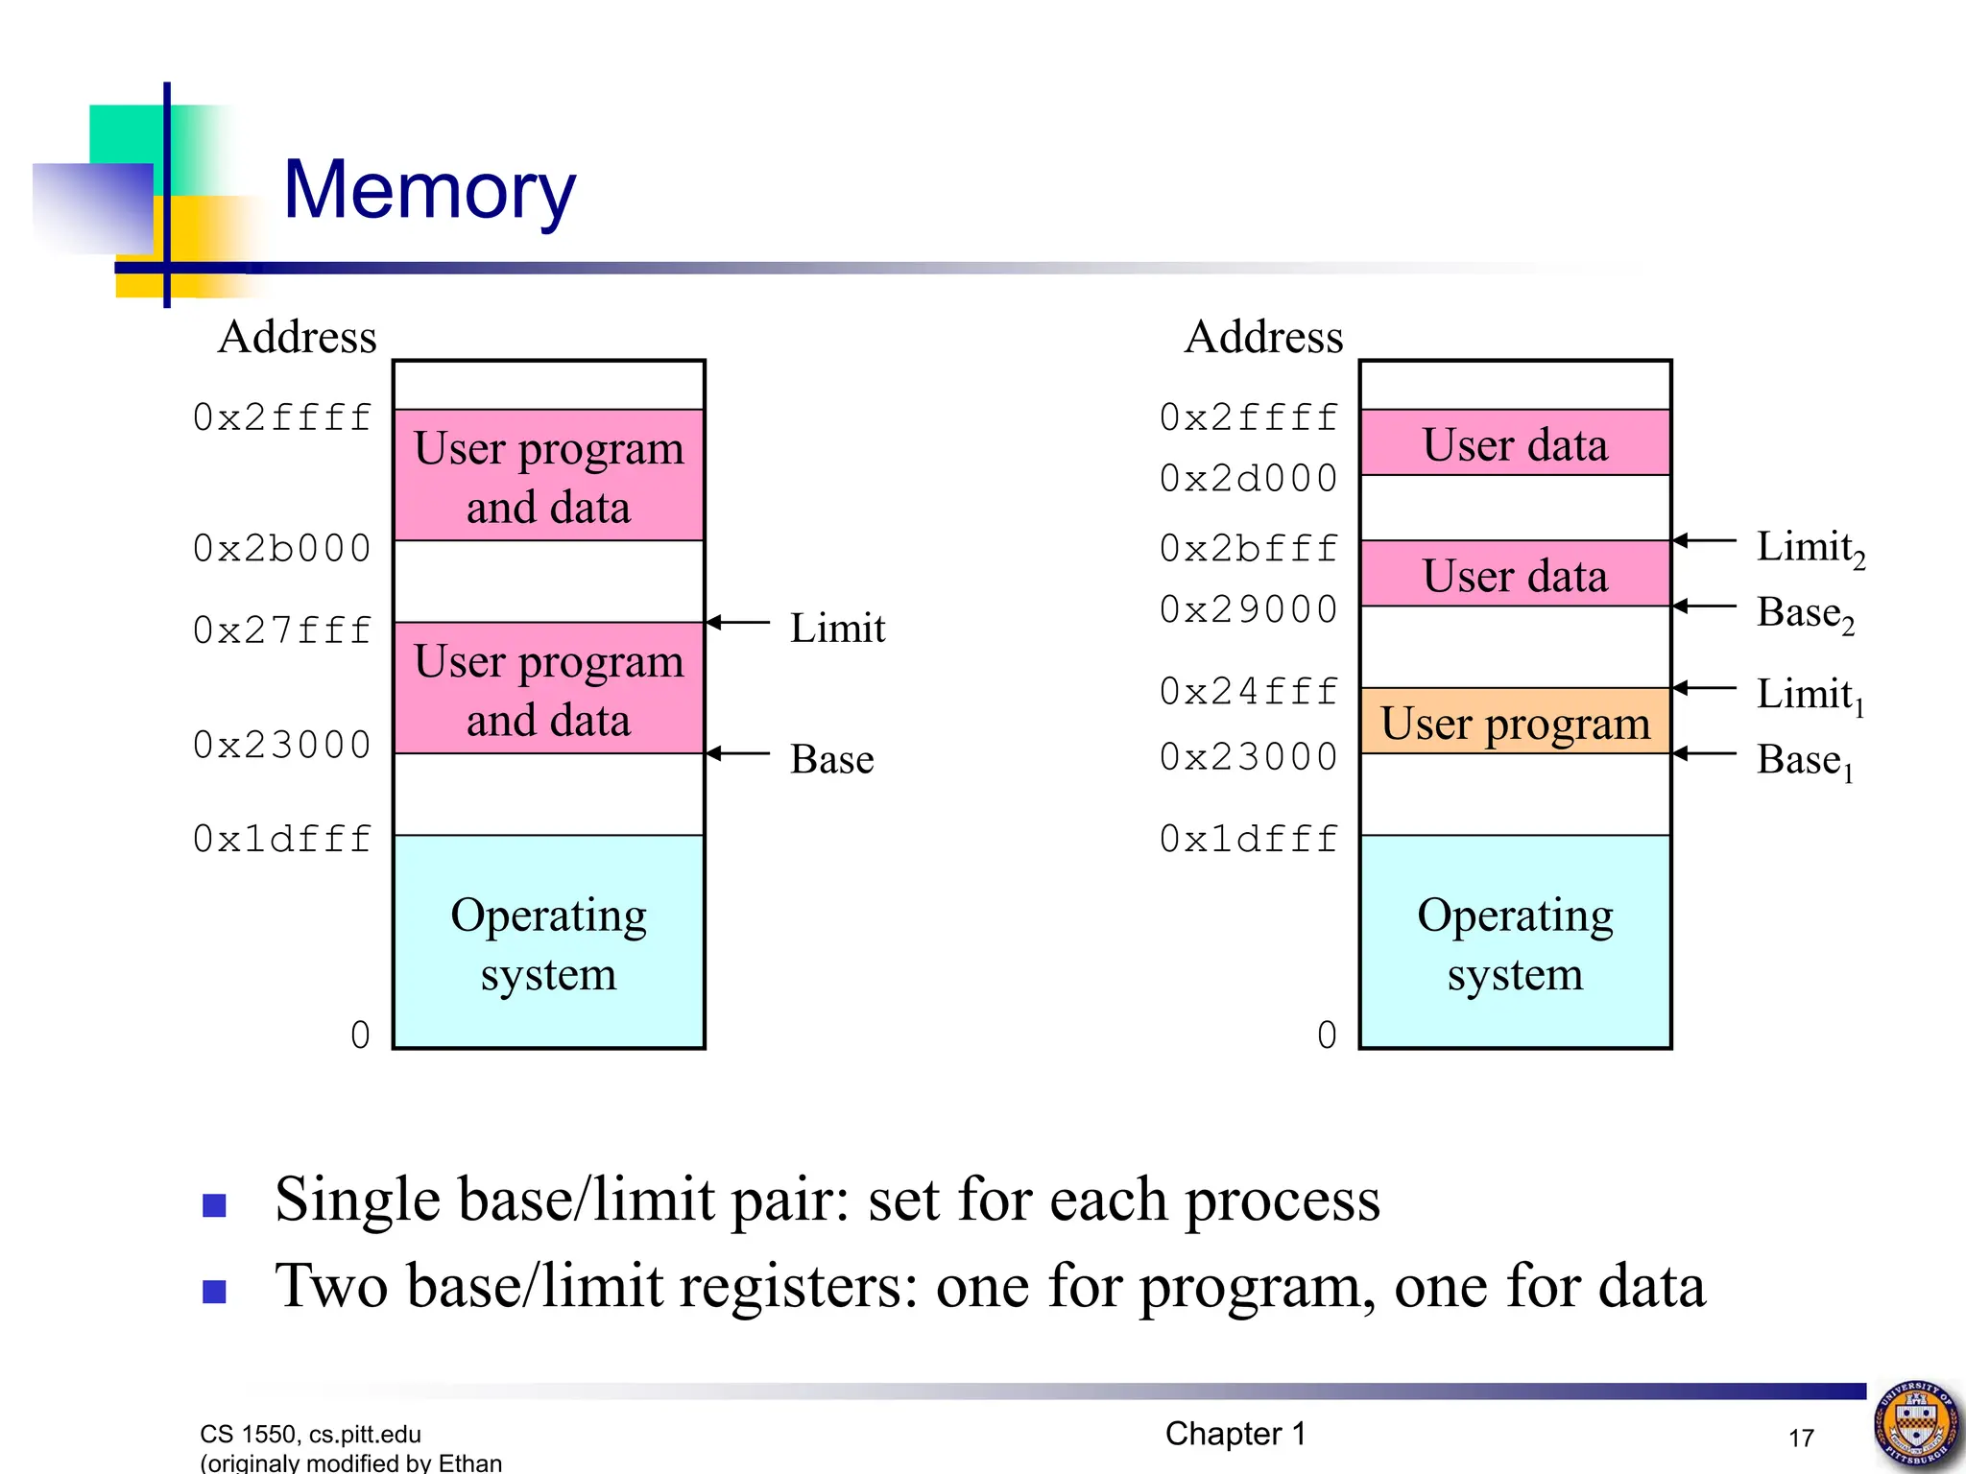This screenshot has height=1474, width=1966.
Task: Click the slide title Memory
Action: [429, 189]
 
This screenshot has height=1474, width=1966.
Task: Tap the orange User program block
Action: [1515, 722]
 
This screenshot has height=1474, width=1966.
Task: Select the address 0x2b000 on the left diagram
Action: [281, 548]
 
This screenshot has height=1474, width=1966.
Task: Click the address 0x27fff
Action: [281, 630]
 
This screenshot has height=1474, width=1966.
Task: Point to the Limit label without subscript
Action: [837, 628]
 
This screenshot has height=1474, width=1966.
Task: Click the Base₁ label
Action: [1805, 760]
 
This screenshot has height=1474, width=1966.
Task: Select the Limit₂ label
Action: [1810, 548]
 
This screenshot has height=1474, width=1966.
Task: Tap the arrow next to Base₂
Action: [1704, 606]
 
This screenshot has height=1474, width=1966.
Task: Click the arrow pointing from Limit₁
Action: [1704, 688]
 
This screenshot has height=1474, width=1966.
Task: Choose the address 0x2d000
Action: [1248, 478]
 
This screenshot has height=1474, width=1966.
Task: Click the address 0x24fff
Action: [1248, 691]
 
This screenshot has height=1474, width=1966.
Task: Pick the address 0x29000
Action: [1248, 609]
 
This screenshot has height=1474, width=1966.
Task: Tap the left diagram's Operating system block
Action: [548, 942]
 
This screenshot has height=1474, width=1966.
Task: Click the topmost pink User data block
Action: [1515, 443]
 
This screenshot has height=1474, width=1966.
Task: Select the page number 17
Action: [1801, 1438]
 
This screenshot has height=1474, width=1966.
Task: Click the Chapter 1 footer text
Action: [1235, 1434]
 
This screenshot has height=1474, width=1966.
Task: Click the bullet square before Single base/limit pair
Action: [214, 1204]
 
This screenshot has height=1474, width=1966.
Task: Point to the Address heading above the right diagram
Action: [1263, 337]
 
